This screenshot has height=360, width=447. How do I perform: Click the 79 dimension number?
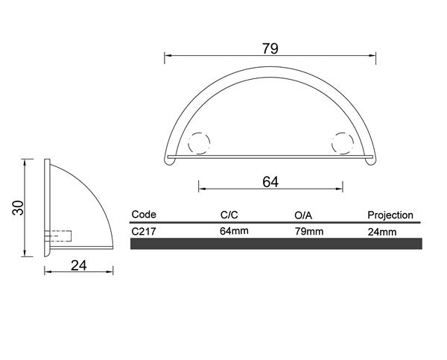point(270,48)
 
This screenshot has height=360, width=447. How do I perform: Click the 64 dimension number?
point(270,182)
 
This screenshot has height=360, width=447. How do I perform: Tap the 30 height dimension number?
point(18,207)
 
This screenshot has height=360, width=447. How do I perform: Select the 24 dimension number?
point(79,265)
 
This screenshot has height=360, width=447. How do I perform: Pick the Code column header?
point(144,214)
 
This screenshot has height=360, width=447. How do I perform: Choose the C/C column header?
point(229,215)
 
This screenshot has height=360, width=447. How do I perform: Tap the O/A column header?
point(303,215)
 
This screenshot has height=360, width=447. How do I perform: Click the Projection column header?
point(390,215)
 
